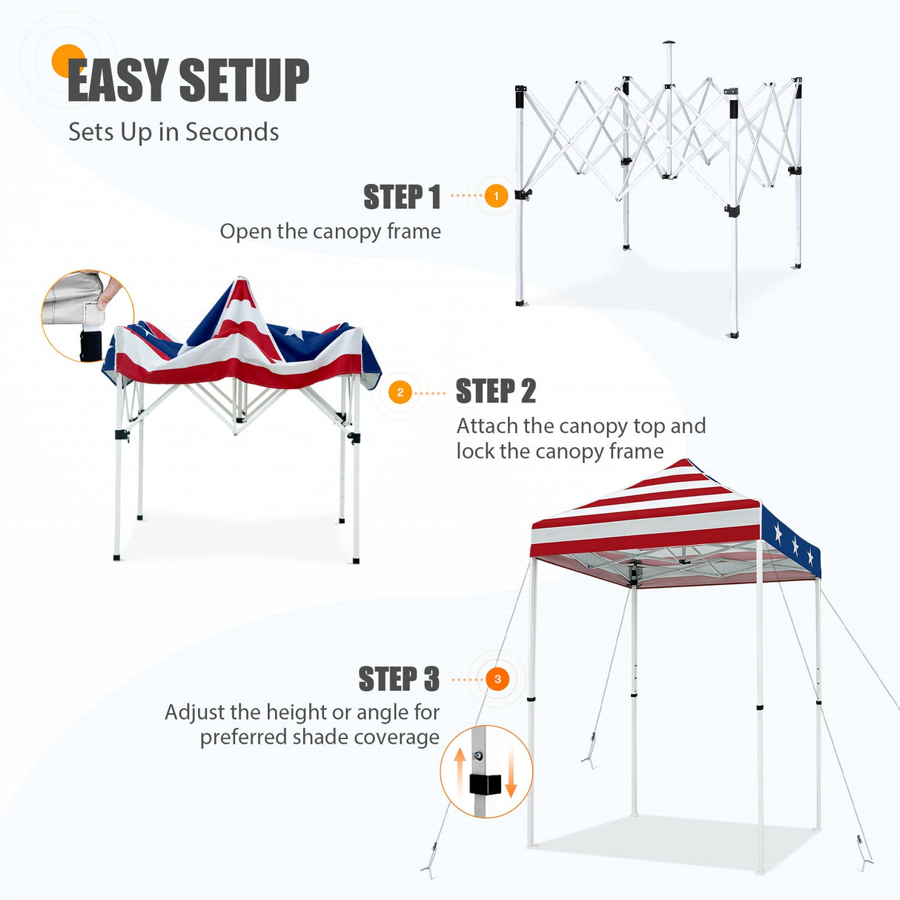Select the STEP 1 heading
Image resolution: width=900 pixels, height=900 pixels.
tap(402, 197)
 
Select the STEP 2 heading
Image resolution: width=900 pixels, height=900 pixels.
tap(495, 391)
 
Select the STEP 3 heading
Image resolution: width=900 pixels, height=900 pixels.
tap(399, 679)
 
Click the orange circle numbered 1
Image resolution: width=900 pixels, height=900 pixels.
tap(496, 196)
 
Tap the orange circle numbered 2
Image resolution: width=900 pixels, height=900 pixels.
tap(400, 392)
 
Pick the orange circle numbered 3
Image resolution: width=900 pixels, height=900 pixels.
tap(497, 679)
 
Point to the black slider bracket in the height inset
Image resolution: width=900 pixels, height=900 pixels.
tap(485, 784)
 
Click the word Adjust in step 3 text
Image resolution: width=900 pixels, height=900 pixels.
tap(195, 712)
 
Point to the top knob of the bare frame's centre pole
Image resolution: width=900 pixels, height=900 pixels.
tap(669, 43)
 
